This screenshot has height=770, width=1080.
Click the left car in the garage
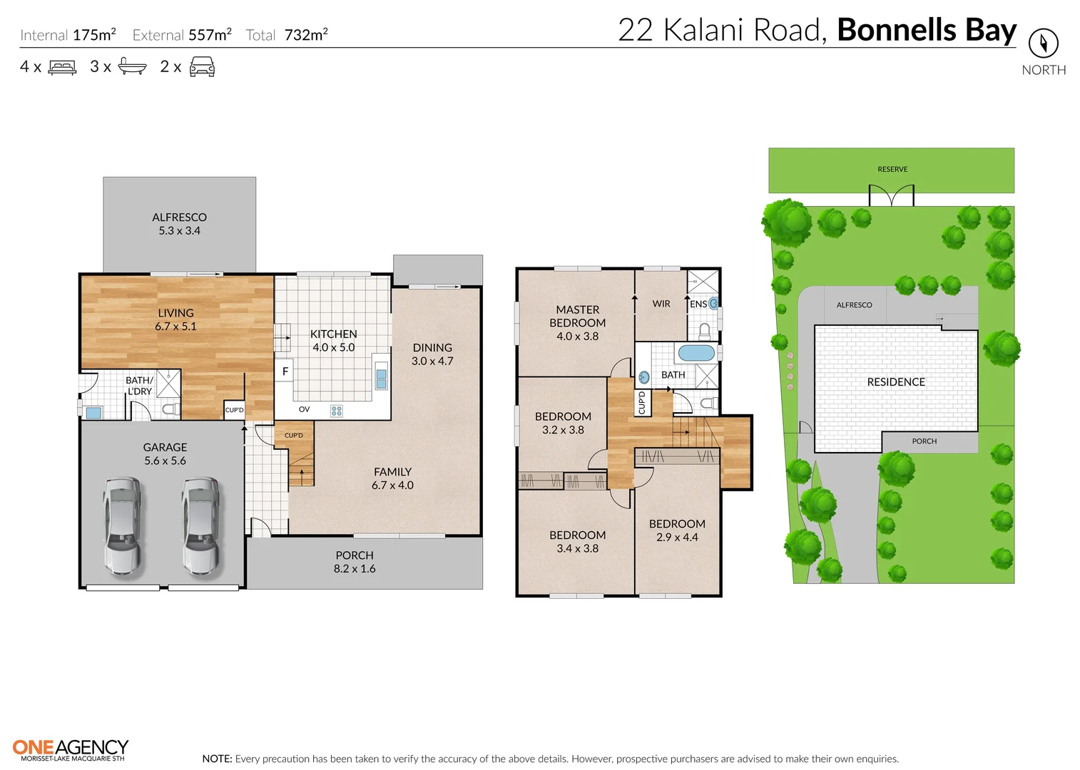point(122,526)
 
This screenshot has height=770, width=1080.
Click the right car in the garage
point(200,526)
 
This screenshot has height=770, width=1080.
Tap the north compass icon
point(1043,43)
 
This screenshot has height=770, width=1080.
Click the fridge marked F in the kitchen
point(285,371)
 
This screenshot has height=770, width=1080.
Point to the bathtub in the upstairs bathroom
point(696,353)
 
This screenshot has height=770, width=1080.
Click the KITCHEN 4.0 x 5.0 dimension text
point(333,348)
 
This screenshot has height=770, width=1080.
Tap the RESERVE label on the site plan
point(892,170)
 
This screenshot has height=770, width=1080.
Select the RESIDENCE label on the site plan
point(896,382)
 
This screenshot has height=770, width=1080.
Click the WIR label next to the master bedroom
point(661,304)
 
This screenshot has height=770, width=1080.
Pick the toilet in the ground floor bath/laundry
point(170,409)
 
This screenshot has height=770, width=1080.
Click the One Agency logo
point(71,749)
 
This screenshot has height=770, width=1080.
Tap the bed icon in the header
point(62,68)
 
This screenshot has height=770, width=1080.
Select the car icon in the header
point(202,68)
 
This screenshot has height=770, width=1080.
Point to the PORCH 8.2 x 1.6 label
point(355,562)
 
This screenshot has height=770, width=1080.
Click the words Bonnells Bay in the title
point(926,30)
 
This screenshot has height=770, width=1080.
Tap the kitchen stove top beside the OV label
point(337,411)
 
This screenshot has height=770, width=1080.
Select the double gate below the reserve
point(891,195)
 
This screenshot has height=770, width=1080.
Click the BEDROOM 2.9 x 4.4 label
point(677,530)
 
